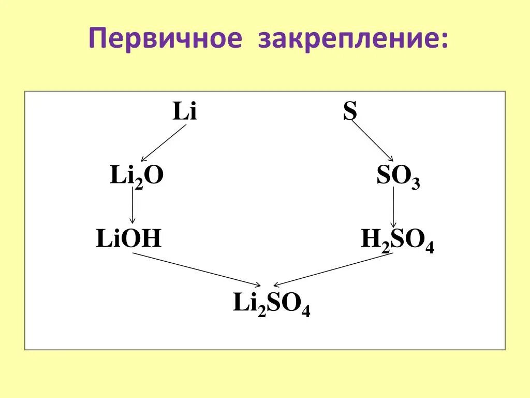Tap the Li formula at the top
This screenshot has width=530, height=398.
click(x=185, y=112)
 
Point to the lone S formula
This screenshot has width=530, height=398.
click(x=350, y=112)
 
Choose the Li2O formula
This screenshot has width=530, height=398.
click(x=137, y=176)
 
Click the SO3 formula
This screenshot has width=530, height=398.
click(x=398, y=177)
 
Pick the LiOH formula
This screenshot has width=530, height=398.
click(x=129, y=239)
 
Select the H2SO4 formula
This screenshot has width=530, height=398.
click(x=397, y=241)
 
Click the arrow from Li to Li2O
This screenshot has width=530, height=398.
click(x=164, y=143)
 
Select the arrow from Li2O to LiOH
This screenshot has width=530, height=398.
click(x=133, y=206)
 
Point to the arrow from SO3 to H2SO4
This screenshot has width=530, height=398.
click(x=393, y=207)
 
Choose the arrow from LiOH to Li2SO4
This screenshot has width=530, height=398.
click(x=197, y=269)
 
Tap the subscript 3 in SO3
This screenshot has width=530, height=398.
click(x=416, y=183)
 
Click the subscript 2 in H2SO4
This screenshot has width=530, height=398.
click(x=385, y=247)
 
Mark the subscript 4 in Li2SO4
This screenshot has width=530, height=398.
click(x=306, y=311)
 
